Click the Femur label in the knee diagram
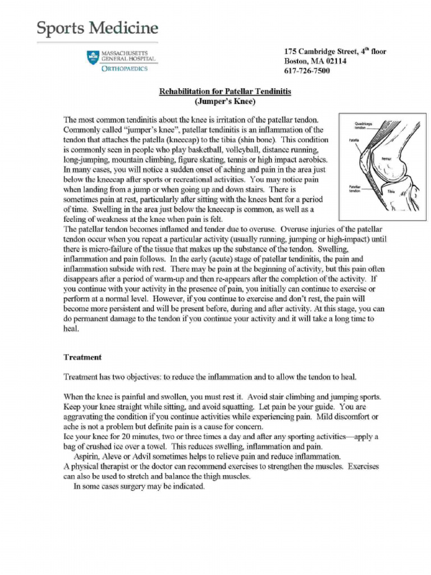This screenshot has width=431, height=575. click(386, 159)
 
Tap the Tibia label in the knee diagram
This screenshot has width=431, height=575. click(391, 191)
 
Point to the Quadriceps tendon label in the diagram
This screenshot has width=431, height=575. click(360, 126)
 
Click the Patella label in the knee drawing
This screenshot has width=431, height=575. click(354, 140)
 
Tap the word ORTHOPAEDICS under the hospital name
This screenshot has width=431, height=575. click(125, 69)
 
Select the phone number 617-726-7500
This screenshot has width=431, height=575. click(307, 71)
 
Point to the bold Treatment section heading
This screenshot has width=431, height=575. click(82, 357)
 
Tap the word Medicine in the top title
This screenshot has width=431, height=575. click(126, 28)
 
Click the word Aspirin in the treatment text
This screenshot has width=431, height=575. click(88, 456)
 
